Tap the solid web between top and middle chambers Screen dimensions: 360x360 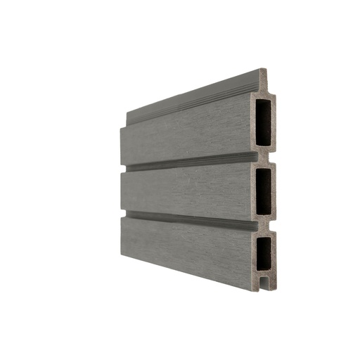coord(265,156)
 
